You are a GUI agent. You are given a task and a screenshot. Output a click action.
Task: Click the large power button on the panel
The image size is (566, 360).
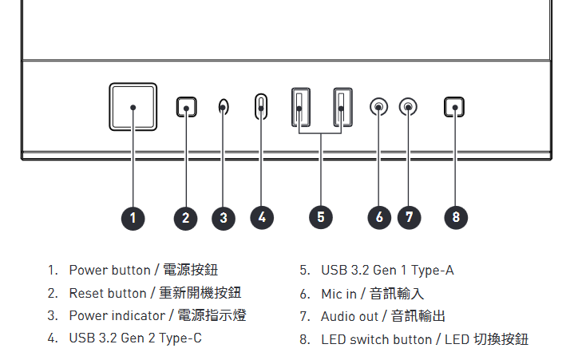(x=133, y=107)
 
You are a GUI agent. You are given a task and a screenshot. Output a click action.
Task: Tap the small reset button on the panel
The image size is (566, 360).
(x=186, y=107)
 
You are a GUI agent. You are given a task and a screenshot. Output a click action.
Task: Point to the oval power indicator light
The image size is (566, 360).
(x=224, y=107)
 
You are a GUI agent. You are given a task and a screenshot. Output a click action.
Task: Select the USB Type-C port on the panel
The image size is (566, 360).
(x=261, y=106)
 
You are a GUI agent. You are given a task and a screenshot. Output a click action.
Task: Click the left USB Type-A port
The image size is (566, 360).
(x=300, y=107)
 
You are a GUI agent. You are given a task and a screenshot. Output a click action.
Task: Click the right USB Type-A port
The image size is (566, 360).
(x=342, y=107)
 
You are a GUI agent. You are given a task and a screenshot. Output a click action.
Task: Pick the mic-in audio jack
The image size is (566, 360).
(x=378, y=107)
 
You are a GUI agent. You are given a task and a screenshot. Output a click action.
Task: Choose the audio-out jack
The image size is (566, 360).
(x=408, y=107)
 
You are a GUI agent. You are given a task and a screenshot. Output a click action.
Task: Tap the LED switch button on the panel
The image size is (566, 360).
(x=454, y=107)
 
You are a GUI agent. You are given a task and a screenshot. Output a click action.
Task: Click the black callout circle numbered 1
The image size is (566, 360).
(x=133, y=218)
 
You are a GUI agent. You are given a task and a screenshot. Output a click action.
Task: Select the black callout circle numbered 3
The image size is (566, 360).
(x=224, y=218)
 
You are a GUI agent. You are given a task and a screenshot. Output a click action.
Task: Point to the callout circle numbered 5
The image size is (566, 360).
(x=321, y=217)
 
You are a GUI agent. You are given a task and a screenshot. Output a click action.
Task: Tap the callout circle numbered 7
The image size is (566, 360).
(x=409, y=217)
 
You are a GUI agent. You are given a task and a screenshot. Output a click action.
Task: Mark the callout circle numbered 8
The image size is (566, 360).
(x=456, y=217)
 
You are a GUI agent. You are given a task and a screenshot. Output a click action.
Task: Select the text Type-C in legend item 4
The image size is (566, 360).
(x=180, y=338)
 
